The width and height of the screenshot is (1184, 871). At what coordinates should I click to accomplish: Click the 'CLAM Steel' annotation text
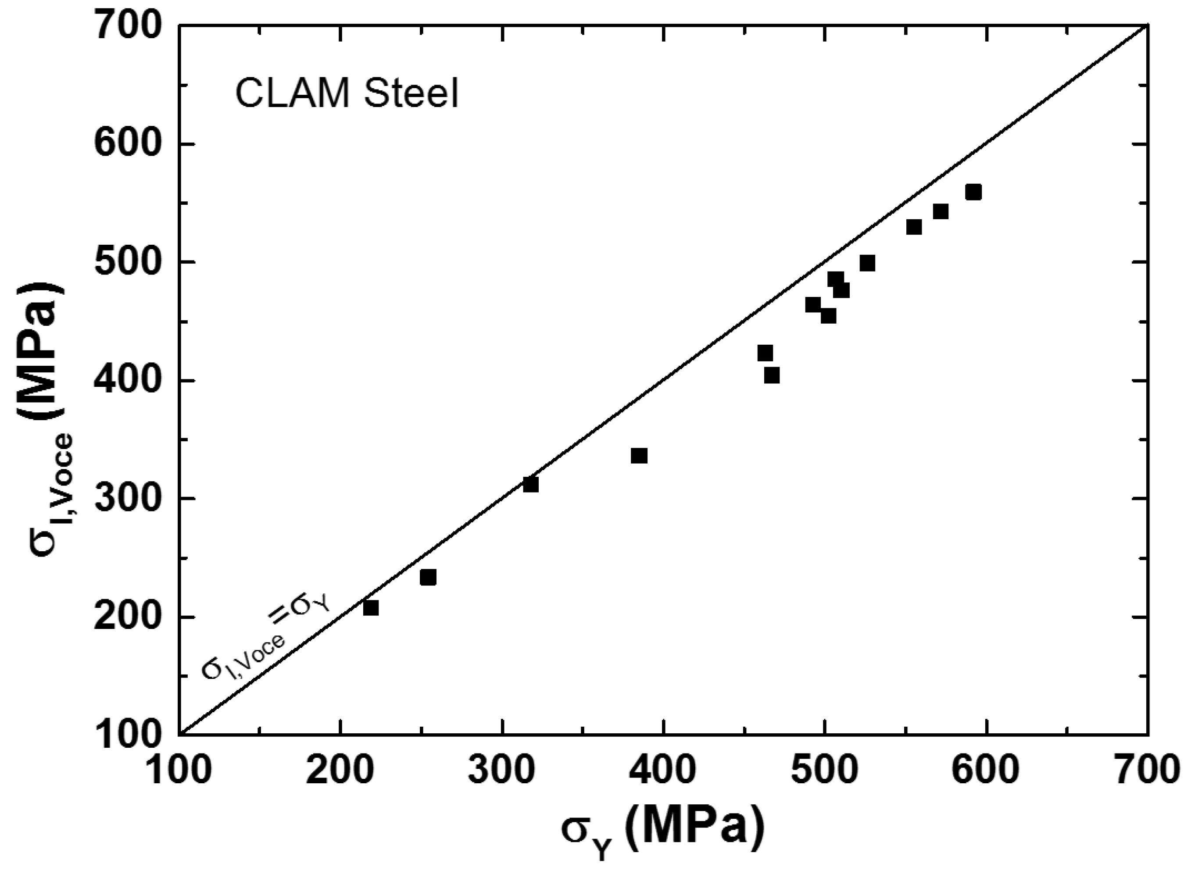click(347, 94)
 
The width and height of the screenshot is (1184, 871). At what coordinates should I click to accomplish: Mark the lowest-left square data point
click(371, 608)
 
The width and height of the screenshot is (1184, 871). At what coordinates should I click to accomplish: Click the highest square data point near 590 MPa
click(973, 193)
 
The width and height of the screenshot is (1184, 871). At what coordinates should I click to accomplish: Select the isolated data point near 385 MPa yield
click(639, 456)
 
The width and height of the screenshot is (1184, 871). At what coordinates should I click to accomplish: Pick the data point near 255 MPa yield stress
click(428, 577)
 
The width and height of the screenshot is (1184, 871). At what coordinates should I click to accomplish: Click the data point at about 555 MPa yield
click(913, 227)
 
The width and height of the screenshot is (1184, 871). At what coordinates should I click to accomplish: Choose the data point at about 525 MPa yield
click(867, 263)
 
